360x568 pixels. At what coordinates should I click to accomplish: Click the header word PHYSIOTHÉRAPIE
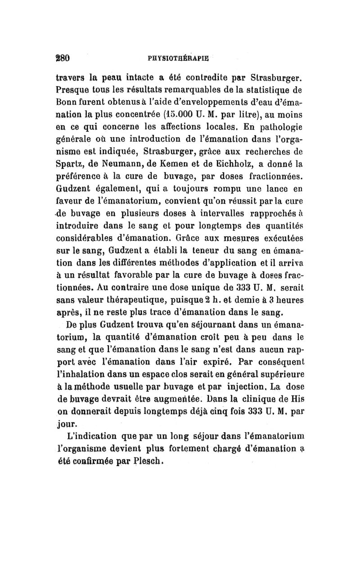point(180,58)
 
